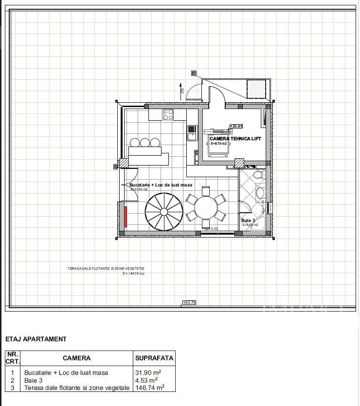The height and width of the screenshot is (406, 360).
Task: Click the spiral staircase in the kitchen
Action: [164, 210]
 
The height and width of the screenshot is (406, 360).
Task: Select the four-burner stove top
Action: [168, 114]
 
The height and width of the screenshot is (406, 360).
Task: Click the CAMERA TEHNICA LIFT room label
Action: [235, 139]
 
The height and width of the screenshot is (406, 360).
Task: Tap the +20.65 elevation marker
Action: [236, 127]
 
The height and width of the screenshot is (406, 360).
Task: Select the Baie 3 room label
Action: [248, 221]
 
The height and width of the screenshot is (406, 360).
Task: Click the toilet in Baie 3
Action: [258, 174]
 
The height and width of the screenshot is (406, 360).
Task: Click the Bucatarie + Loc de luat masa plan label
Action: [161, 185]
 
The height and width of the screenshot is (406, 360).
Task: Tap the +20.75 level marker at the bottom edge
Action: [189, 302]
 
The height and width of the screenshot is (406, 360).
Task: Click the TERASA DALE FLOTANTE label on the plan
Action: [106, 268]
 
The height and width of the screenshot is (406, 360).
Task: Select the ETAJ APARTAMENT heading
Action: [36, 339]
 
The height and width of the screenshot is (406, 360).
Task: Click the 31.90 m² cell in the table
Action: [147, 372]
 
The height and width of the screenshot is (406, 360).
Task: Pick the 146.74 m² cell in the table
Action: [149, 388]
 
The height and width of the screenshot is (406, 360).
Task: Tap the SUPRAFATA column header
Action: [154, 358]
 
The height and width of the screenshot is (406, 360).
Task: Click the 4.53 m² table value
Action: [146, 380]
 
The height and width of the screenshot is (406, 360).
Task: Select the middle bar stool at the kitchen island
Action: [144, 143]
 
